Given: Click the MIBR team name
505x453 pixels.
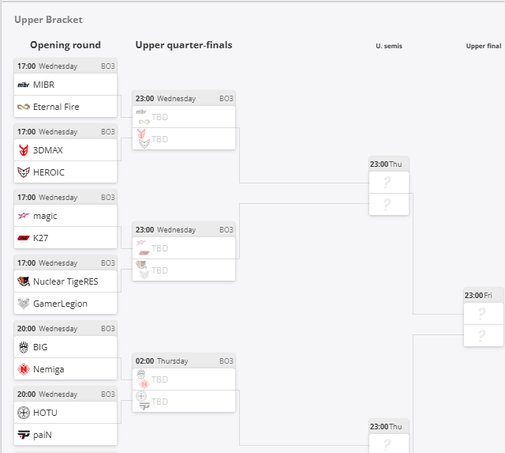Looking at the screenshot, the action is (x=44, y=85).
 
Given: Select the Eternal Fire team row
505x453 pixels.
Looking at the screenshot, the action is (x=65, y=107).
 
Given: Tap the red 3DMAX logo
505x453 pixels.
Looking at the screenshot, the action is (x=24, y=150).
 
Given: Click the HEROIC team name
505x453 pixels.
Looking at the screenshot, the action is (x=49, y=172).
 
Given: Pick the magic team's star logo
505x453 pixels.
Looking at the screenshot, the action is (x=24, y=216).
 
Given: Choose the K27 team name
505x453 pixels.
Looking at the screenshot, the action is (x=40, y=238).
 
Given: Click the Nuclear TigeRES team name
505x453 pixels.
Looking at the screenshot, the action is (x=65, y=281).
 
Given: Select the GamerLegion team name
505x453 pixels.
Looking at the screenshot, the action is (x=60, y=304).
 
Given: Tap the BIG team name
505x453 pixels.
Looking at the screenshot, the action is (x=40, y=347).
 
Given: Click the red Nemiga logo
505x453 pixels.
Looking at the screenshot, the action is (x=24, y=369).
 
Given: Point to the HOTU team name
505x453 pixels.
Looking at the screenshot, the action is (x=45, y=413).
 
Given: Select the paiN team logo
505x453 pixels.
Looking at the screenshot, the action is (x=24, y=435).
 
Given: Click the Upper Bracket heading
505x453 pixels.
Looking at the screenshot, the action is (x=48, y=20).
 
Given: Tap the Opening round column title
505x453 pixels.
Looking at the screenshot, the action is (x=65, y=45).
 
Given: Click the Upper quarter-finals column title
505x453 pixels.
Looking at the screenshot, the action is (x=184, y=45).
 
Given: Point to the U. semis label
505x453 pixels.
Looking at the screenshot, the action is (x=389, y=46).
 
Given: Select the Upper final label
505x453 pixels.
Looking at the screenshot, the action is (x=484, y=46).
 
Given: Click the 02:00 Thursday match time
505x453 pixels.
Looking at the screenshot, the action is (x=162, y=361).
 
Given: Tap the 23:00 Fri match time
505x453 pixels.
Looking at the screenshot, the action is (x=478, y=295).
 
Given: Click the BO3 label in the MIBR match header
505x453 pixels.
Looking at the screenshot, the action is (x=108, y=66).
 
